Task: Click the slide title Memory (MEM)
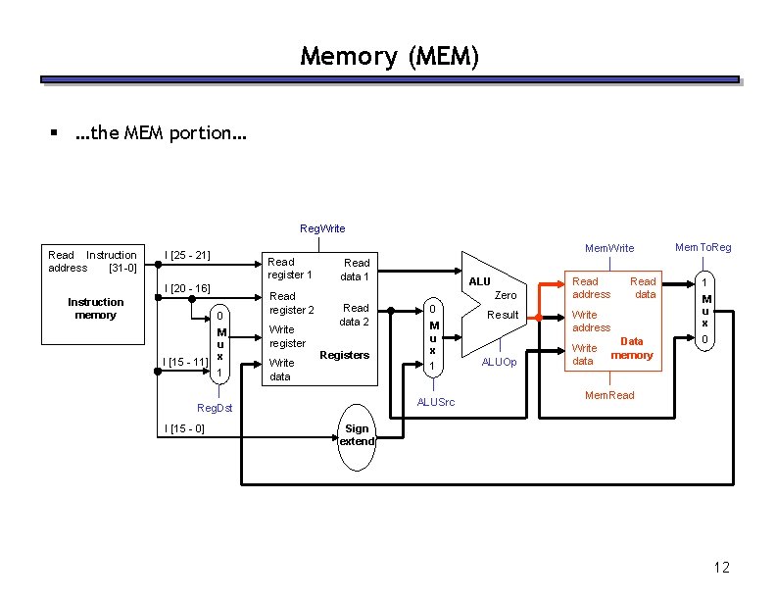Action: point(389,56)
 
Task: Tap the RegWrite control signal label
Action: point(322,228)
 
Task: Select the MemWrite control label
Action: point(609,248)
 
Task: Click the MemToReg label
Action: point(703,247)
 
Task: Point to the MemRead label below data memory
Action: point(609,395)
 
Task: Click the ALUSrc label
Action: point(435,402)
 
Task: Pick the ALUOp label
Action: point(499,362)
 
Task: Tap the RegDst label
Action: point(215,407)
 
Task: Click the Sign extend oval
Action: point(357,435)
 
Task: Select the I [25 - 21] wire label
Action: point(187,255)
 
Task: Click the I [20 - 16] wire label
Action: point(187,288)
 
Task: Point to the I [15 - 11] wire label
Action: point(186,362)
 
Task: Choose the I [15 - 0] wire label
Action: point(184,427)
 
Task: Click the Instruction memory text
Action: point(95,308)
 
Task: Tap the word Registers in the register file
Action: point(344,355)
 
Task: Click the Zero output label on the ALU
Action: point(506,294)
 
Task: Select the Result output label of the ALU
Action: point(503,315)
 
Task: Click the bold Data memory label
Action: point(632,348)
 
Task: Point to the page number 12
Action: point(721,568)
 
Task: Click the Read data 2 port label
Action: point(354,315)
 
